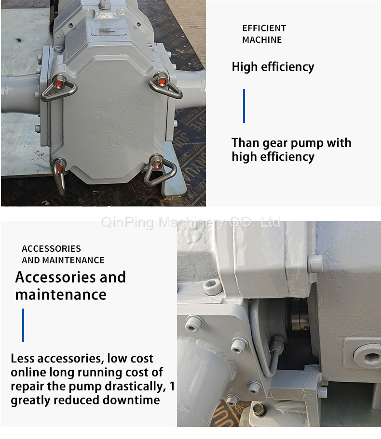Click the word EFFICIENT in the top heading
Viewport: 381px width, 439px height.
pos(264,28)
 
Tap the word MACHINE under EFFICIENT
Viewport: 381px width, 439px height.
pos(262,40)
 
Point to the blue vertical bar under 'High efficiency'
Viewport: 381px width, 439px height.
pos(244,106)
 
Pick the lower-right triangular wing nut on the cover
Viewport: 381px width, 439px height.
pos(159,170)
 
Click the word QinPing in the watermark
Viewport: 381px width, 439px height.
pos(127,222)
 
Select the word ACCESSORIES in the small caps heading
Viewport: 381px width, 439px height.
pos(51,248)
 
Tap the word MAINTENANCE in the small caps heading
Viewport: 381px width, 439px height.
pos(73,260)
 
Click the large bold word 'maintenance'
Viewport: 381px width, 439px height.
pos(61,295)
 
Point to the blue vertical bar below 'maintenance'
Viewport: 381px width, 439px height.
pos(23,325)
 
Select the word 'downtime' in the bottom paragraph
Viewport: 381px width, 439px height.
pos(131,400)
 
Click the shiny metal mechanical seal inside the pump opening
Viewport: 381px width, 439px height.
pos(299,315)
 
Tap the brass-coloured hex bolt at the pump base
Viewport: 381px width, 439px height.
pos(259,410)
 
